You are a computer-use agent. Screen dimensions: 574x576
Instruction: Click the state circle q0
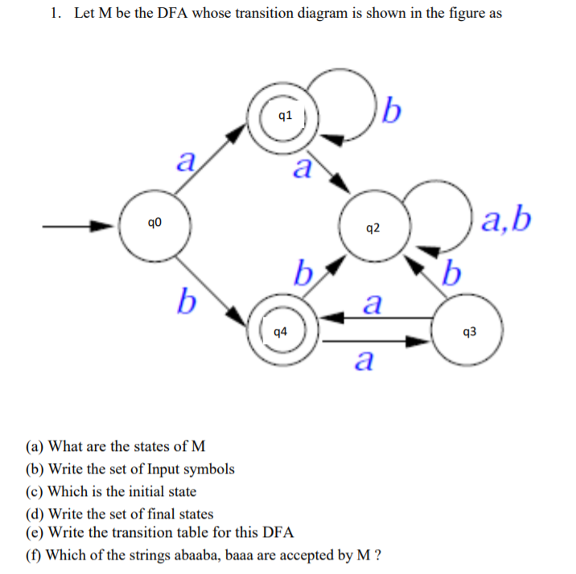coord(154,226)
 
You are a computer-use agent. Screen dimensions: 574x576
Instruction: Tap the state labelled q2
coord(372,228)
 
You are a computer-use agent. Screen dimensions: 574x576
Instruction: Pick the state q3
coord(470,330)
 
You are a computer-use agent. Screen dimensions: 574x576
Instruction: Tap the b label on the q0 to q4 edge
coord(187,301)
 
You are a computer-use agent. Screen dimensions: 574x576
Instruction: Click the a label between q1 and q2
coord(302,169)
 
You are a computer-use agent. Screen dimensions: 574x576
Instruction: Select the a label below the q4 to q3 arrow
coord(364,360)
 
